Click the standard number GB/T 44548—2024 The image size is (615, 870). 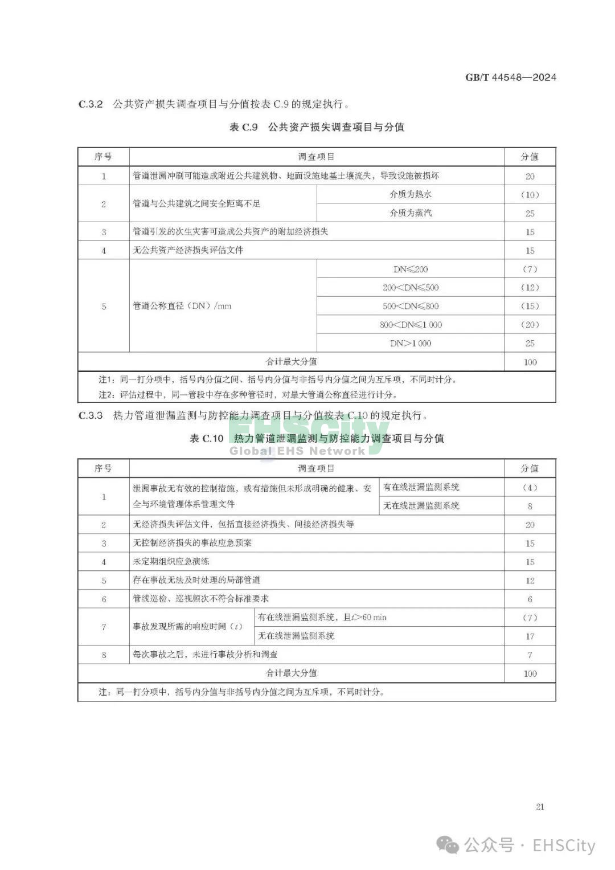(510, 77)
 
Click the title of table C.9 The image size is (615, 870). (317, 127)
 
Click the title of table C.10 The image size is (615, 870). (317, 438)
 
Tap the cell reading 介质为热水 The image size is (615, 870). (411, 194)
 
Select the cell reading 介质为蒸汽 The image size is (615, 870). (411, 213)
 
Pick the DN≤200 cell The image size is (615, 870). (411, 269)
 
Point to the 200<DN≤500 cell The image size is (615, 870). (411, 288)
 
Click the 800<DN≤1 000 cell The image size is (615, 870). (411, 325)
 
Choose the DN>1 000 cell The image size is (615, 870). (411, 344)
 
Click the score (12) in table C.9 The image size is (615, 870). (530, 288)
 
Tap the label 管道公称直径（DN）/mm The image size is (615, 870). (182, 306)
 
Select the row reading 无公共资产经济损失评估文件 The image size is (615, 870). (188, 250)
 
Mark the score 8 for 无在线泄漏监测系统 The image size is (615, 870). (530, 506)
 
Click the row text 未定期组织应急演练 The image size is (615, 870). (171, 561)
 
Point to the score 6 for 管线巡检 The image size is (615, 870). (530, 599)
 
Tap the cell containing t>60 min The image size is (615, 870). (322, 617)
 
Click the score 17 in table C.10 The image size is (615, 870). (530, 636)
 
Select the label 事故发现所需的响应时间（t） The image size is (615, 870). (188, 627)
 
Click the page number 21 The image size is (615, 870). (540, 807)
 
